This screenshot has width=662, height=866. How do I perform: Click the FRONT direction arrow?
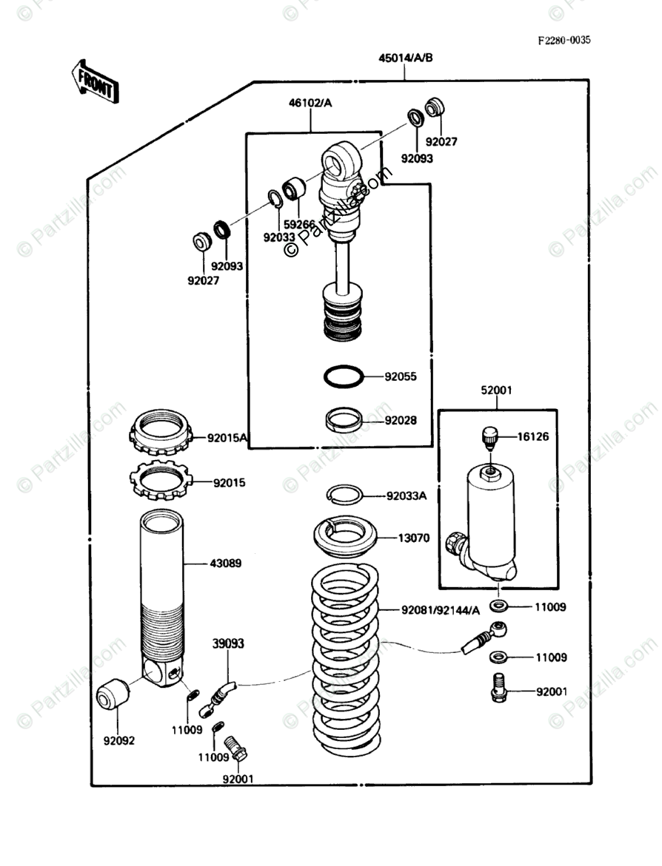93,81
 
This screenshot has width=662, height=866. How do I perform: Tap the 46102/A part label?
310,104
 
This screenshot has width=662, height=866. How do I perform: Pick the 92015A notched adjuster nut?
161,435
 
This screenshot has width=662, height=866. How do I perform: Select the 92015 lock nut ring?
161,481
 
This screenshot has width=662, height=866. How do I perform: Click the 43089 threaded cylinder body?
161,584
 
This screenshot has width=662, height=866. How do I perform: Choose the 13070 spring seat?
345,536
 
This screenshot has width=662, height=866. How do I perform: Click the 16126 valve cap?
488,436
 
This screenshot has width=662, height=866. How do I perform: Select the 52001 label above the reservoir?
496,390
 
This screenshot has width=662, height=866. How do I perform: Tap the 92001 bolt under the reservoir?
499,687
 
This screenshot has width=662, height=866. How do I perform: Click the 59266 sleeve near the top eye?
294,189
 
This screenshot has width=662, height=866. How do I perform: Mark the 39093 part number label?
229,643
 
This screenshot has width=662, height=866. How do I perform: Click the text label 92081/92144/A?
441,610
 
